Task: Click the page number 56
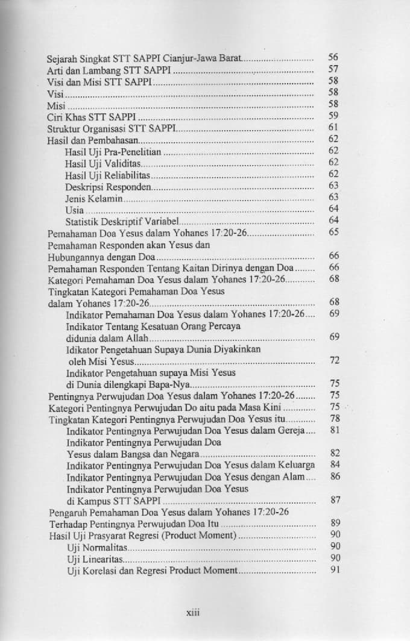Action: click(x=333, y=57)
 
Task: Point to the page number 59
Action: click(x=333, y=115)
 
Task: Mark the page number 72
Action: click(x=335, y=360)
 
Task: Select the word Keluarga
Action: click(x=295, y=466)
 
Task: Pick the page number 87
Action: click(x=335, y=500)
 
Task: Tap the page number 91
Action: click(x=335, y=569)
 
